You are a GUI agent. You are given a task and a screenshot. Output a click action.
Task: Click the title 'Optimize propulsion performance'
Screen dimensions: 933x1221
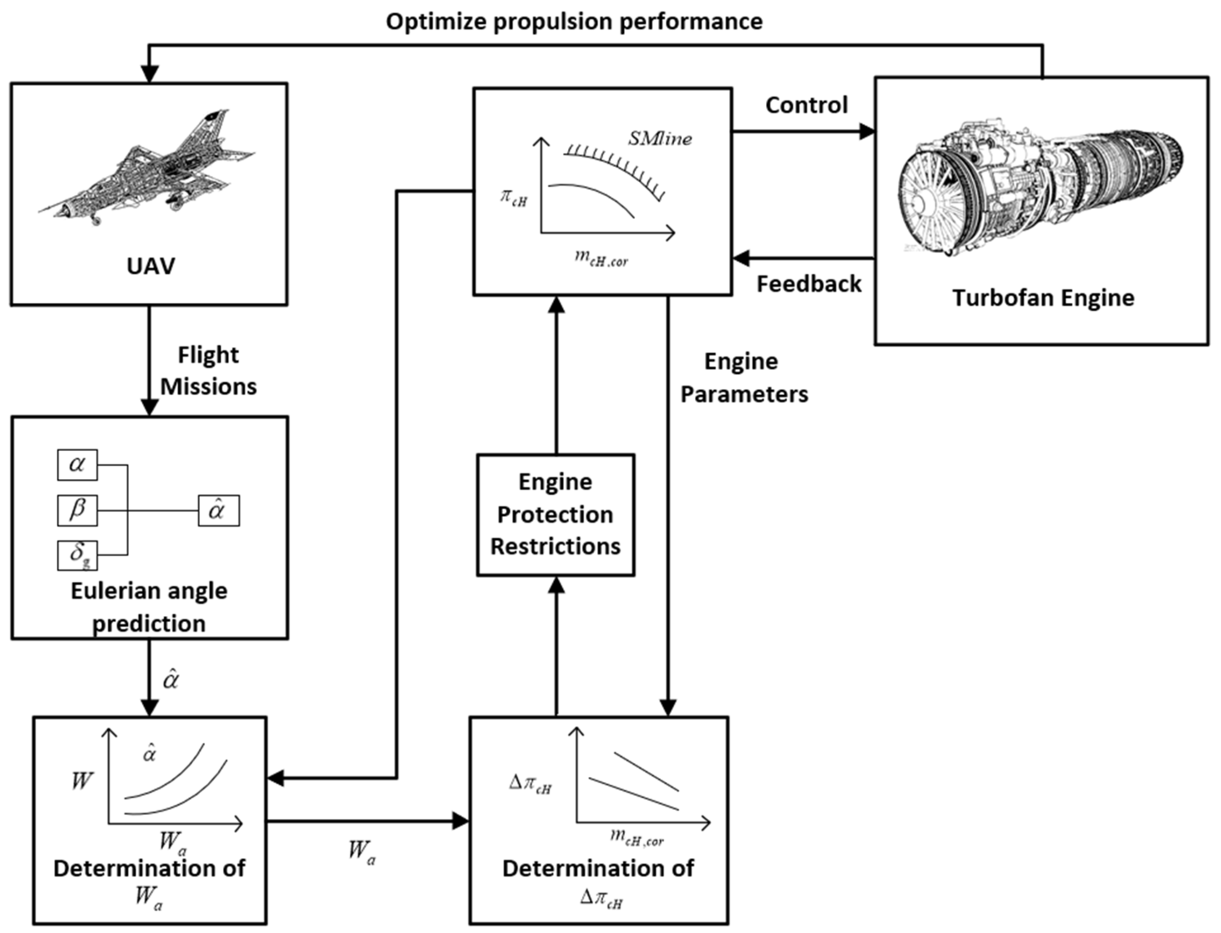pos(574,22)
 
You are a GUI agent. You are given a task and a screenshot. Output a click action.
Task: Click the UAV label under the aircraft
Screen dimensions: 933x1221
pos(150,266)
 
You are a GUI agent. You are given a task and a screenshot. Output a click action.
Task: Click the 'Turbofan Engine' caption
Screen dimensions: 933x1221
pos(1043,298)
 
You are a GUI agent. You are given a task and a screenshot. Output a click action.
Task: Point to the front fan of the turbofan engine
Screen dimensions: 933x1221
pos(933,203)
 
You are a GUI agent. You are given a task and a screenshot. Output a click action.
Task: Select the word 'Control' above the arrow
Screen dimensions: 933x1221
pos(806,105)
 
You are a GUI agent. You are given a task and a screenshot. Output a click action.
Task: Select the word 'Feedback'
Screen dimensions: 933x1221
pos(809,284)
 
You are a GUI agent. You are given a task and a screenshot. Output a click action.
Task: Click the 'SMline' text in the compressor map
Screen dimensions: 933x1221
pos(660,138)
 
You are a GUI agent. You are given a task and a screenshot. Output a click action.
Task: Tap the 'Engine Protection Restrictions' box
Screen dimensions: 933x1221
pos(556,514)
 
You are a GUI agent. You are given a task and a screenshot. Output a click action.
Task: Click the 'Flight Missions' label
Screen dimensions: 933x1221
pos(208,370)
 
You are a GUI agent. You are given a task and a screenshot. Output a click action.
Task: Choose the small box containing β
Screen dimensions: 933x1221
pos(77,510)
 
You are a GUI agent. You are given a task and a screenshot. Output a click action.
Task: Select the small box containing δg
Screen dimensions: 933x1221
pos(77,555)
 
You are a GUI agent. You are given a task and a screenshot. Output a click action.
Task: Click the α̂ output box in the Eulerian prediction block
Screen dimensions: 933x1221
pos(219,510)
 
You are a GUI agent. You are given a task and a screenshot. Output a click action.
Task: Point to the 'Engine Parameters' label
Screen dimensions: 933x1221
pos(743,378)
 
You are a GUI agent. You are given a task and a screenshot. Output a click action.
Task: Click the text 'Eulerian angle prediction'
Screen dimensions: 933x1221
pos(149,606)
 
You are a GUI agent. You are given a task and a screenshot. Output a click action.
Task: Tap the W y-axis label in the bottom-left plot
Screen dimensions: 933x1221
pos(81,781)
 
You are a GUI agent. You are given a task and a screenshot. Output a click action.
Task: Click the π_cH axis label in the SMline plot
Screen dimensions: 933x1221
pos(513,198)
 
